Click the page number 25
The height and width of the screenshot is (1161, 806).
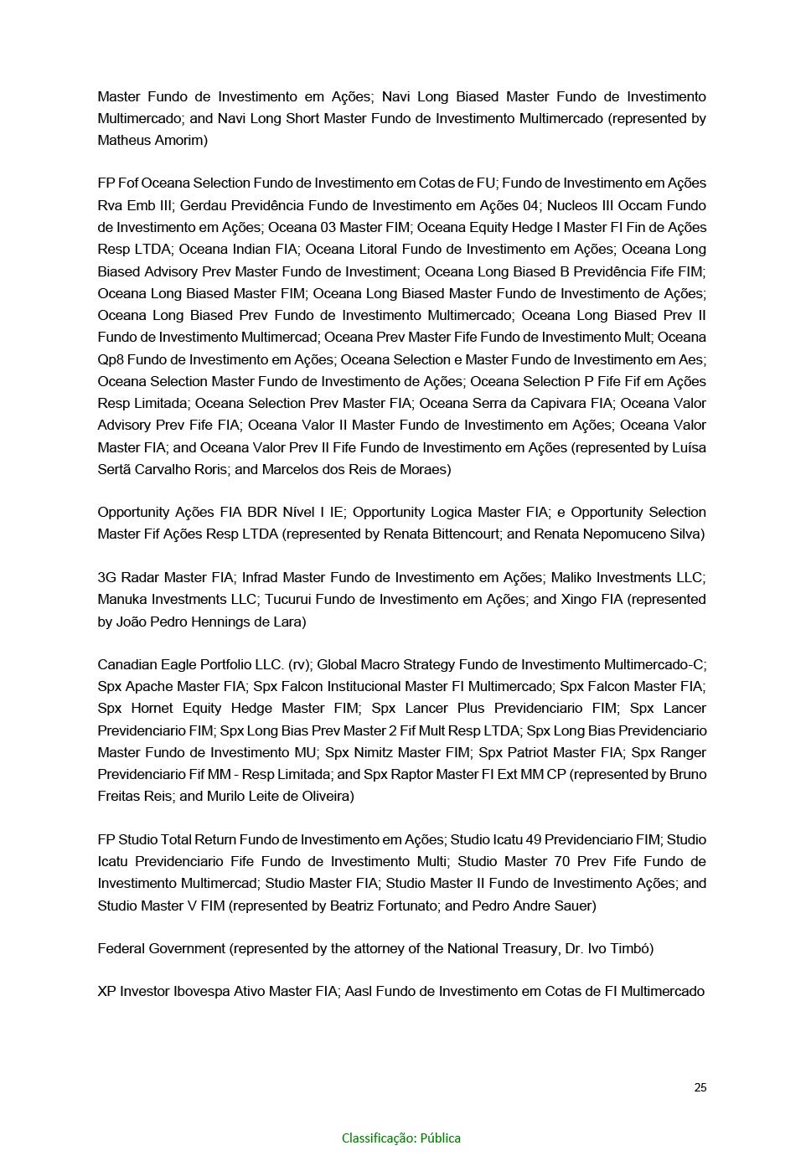click(x=700, y=1087)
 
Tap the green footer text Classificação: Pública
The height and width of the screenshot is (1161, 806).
click(x=400, y=1138)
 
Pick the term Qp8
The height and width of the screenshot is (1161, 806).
click(x=110, y=359)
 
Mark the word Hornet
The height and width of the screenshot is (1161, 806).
click(x=152, y=708)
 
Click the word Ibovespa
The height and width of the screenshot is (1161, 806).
click(x=204, y=991)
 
